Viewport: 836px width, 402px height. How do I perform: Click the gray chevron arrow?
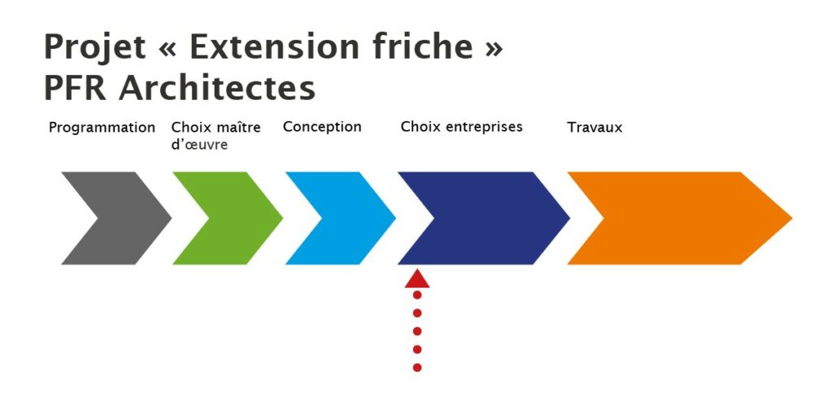pos(133,218)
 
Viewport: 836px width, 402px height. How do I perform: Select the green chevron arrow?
pos(245,218)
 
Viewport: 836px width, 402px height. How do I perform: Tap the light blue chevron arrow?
pos(358,218)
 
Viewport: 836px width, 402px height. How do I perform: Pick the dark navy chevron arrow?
pos(499,218)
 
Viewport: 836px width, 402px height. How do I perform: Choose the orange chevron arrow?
pos(693,218)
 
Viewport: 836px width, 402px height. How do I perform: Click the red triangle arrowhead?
pos(417,279)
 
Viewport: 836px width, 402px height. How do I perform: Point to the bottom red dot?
pos(417,368)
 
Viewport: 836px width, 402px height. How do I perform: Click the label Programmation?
pos(102,128)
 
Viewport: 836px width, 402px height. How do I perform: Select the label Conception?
pos(322,127)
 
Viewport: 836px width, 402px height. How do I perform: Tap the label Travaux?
pos(594,127)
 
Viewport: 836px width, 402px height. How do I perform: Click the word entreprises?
pos(484,127)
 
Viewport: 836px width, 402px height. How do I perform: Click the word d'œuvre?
pos(199,145)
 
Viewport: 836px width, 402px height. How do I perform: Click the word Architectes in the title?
pos(217,88)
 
